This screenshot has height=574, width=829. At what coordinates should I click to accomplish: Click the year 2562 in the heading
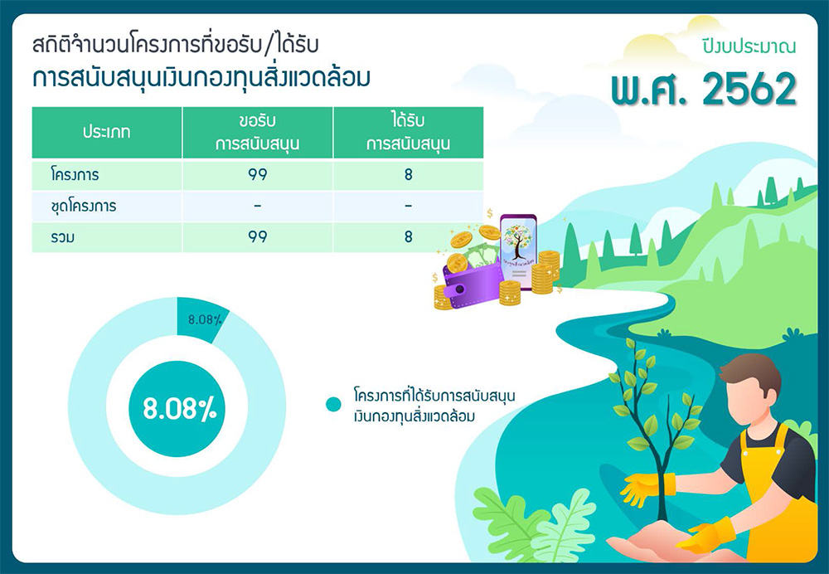point(749,90)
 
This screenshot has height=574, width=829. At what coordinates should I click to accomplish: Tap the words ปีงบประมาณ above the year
point(749,46)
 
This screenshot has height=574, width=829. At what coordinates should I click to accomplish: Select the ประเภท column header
point(106,132)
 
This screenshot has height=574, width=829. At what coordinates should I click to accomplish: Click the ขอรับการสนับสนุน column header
point(258,132)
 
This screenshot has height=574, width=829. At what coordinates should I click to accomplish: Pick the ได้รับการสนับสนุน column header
point(408,132)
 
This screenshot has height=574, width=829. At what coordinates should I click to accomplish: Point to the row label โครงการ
point(75,174)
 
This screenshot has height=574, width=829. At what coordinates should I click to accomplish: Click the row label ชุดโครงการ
point(84,206)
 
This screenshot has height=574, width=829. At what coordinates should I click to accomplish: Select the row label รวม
point(62,237)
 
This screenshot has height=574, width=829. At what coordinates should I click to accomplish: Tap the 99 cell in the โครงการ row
point(258,174)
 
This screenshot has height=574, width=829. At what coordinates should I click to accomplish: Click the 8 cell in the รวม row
point(408,236)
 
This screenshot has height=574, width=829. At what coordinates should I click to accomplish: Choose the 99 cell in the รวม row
point(258,236)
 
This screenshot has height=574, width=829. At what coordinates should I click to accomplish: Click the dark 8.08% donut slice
point(202,319)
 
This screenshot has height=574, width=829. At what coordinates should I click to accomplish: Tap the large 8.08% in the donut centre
point(180,409)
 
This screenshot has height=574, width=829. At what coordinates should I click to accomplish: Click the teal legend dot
point(333,404)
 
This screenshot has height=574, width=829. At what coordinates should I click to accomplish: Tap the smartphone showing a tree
point(519,252)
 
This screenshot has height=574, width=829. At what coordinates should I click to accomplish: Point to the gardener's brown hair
point(752,370)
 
